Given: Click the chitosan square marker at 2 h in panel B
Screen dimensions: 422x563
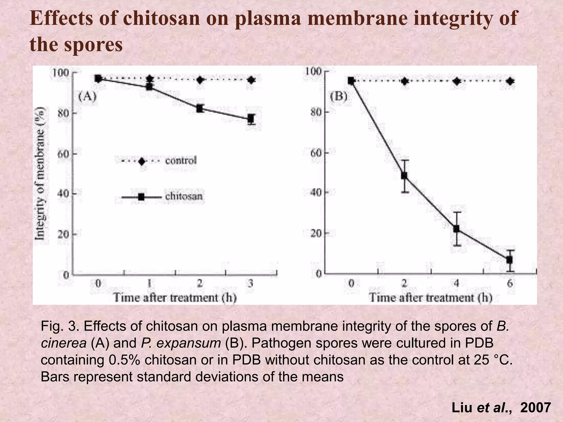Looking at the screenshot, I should (x=404, y=175).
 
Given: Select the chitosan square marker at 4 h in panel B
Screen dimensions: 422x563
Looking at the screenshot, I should (x=457, y=229).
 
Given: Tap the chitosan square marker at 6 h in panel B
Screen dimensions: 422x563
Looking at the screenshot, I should (x=509, y=260).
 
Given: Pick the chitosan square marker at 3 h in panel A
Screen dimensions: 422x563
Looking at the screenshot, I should (x=251, y=119).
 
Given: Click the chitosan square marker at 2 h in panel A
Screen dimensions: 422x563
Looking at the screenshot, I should (x=200, y=108).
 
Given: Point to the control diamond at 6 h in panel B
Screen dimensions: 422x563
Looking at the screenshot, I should (x=510, y=81).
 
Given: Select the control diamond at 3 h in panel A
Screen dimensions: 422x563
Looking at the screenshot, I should (x=251, y=80).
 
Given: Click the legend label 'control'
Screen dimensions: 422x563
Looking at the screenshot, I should (x=181, y=160).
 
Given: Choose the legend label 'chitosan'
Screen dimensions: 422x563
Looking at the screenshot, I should (x=184, y=196).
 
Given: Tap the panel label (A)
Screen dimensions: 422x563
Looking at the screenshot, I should (x=87, y=97).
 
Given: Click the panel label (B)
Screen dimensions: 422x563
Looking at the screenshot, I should (x=339, y=97).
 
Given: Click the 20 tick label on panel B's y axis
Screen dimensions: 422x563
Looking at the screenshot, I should (x=316, y=234).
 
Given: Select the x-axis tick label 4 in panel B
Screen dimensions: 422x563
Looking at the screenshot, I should (x=457, y=283).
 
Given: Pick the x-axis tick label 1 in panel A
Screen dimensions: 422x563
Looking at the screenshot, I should (x=149, y=283).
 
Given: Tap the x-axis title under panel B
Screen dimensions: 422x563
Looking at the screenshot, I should (x=430, y=298).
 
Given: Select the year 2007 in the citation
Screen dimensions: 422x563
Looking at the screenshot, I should (x=536, y=407).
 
